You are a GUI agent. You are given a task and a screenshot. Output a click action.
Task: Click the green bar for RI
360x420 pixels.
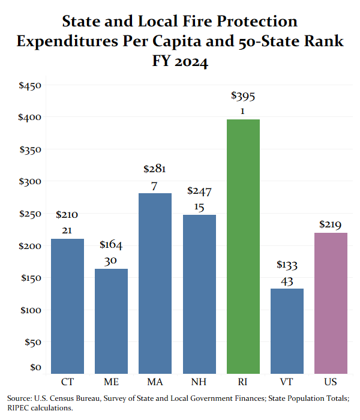click(x=243, y=247)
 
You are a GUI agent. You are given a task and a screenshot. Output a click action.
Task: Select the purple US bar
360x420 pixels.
click(x=331, y=303)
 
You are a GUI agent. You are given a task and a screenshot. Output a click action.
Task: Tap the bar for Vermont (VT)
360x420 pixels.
click(x=287, y=331)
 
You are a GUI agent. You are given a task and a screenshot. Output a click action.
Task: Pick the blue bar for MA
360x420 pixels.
click(x=155, y=283)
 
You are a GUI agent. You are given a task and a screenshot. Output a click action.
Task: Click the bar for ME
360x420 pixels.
click(x=111, y=321)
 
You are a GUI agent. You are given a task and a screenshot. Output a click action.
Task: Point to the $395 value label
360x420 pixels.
click(x=243, y=96)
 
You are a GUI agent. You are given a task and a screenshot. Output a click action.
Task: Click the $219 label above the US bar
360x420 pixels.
click(x=330, y=224)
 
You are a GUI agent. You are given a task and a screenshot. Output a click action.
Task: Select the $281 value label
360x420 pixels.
click(x=155, y=169)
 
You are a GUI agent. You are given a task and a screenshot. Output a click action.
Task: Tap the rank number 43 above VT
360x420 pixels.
click(x=287, y=281)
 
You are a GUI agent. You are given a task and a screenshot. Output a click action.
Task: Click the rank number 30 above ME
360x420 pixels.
click(x=110, y=260)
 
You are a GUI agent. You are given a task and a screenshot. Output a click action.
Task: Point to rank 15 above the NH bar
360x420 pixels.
click(x=199, y=207)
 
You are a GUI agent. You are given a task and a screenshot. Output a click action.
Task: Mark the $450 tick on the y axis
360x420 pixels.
click(x=30, y=85)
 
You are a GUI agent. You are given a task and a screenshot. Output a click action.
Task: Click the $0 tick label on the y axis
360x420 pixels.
click(x=35, y=367)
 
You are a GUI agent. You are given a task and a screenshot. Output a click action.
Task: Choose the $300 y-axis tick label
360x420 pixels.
click(x=30, y=181)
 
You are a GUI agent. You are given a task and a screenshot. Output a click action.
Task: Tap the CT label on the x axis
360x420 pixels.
click(x=67, y=382)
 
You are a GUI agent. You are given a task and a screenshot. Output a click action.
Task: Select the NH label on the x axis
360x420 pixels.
click(x=199, y=382)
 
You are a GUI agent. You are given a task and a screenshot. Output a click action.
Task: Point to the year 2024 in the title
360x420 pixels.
click(x=191, y=61)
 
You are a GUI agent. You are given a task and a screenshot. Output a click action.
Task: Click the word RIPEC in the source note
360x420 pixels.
click(x=18, y=408)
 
